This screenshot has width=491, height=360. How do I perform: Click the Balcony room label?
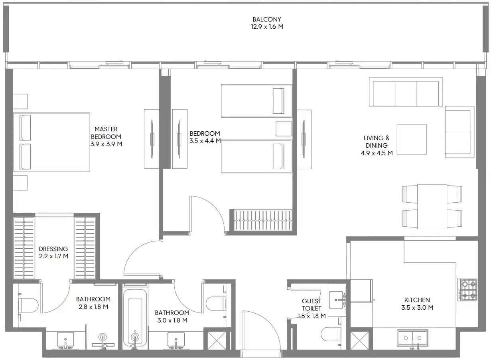pos(267,19)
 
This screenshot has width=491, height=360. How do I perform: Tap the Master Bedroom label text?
pos(106,133)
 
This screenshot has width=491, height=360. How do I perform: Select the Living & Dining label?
pos(377,141)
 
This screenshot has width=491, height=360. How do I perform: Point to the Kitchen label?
pos(417,300)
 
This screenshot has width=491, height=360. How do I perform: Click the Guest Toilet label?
pos(312,305)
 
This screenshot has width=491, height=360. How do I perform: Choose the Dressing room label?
pos(53,249)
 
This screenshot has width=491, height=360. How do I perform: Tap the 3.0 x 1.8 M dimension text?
pos(172,320)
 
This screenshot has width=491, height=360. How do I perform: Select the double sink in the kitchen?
pos(412,338)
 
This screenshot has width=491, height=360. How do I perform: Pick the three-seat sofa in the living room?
pos(406,93)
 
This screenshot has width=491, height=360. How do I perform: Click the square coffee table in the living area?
pos(412,139)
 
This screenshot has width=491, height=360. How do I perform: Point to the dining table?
pos(432,206)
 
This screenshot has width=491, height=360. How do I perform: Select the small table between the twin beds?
pos(284,129)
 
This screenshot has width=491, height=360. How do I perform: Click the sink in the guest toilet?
pos(337,298)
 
